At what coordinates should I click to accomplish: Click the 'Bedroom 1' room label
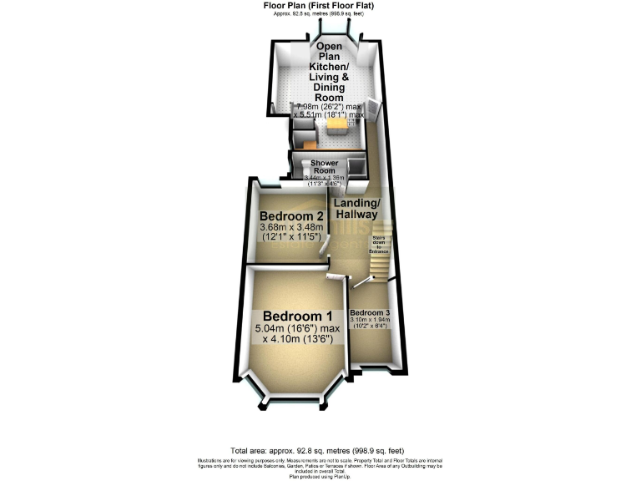298,316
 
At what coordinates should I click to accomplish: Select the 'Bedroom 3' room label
370,312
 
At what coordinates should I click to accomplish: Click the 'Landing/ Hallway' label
357,210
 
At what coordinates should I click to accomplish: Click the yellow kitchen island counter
337,127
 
